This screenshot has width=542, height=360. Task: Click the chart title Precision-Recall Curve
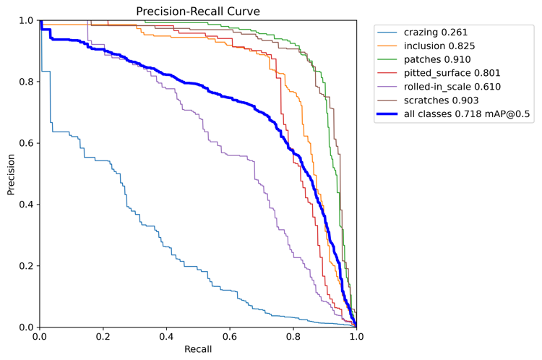(198, 12)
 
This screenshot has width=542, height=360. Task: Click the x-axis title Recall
(198, 349)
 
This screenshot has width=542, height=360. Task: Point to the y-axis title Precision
(11, 175)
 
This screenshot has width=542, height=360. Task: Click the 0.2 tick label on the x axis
(103, 336)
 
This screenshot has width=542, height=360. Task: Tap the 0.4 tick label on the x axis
(166, 336)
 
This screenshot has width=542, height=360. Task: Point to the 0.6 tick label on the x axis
(230, 336)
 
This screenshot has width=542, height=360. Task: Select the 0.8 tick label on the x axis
(293, 336)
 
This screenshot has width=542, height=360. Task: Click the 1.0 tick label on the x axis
(357, 336)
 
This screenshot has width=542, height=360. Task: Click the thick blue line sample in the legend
(387, 113)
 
